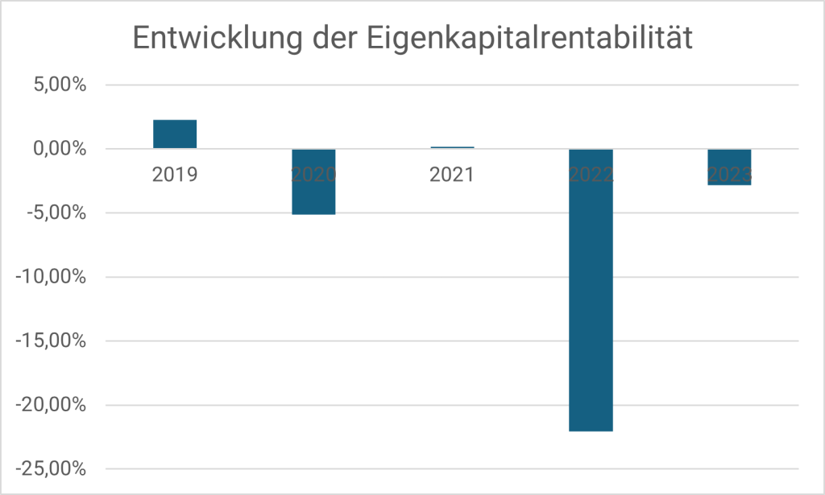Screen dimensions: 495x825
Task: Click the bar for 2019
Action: (x=175, y=134)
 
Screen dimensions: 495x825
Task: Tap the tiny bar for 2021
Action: (x=452, y=147)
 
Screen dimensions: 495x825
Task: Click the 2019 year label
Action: (x=175, y=175)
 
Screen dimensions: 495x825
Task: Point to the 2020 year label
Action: (x=313, y=175)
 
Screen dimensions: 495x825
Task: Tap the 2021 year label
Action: (x=452, y=175)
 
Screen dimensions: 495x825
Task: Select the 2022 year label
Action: (x=591, y=175)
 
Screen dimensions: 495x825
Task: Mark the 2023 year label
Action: (x=729, y=175)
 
